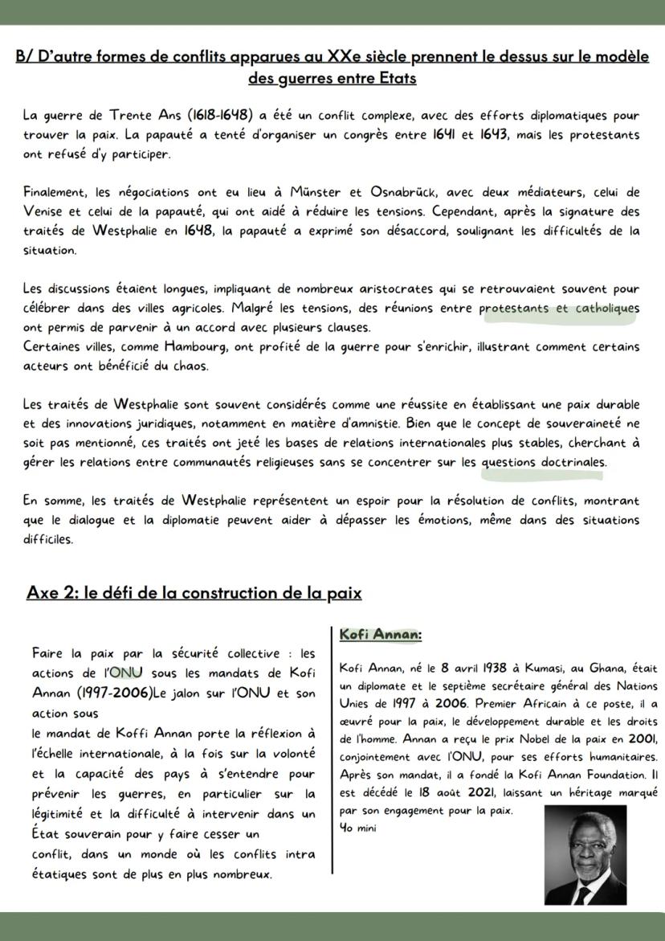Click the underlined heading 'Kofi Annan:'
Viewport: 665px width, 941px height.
380,635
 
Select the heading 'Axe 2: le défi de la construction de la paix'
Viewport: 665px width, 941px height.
194,593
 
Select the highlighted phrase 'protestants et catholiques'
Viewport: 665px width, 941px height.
559,309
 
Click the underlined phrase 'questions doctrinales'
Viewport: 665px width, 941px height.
544,462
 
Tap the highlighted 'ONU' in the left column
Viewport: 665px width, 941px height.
124,673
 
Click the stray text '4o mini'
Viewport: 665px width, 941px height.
353,828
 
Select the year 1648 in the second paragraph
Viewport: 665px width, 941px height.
197,231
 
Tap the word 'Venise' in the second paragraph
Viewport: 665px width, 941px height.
43,212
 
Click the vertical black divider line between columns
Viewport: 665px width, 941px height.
332,747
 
